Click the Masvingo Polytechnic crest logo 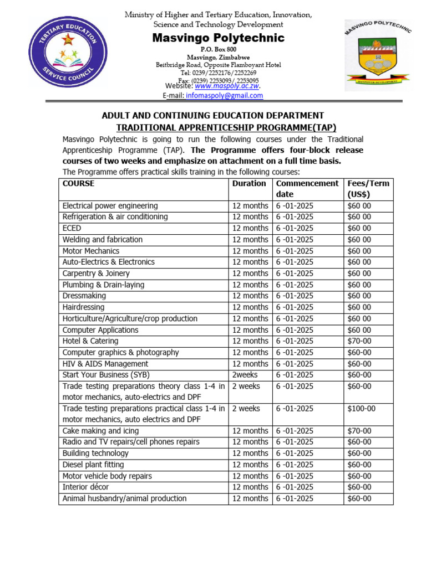378,57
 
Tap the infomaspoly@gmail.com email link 232,96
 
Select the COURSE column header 78,183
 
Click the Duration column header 249,183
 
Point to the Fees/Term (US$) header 368,189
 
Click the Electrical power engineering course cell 110,206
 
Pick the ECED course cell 72,228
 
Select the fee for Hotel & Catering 359,341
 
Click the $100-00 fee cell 361,409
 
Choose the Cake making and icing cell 100,431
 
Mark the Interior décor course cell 85,487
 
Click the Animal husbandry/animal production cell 124,498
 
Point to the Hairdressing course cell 83,307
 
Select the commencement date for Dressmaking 295,296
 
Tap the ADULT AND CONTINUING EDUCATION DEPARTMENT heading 212,116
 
